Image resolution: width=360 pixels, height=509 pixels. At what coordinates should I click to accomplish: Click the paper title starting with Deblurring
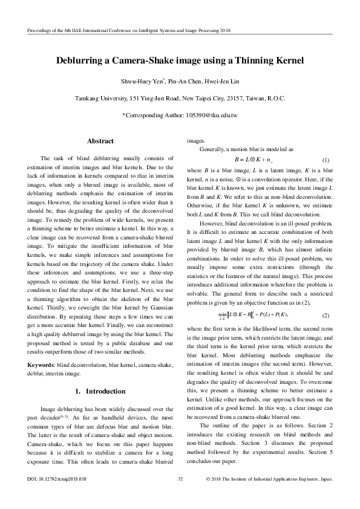[180, 61]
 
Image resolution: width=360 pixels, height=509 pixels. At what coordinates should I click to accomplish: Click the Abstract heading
[100, 141]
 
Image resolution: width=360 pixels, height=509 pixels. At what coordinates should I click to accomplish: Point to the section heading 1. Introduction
[100, 375]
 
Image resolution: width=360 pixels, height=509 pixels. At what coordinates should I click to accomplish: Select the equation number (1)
[325, 160]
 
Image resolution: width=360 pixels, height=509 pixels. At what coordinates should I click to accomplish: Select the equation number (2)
[325, 316]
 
